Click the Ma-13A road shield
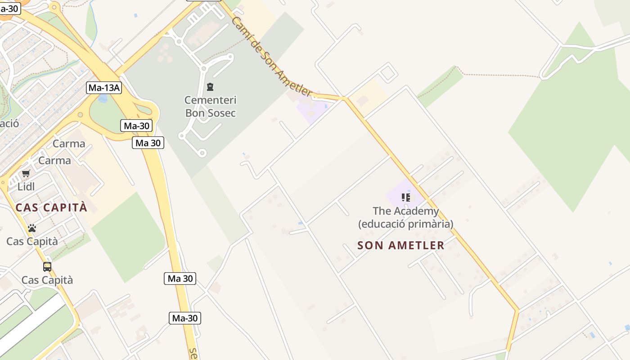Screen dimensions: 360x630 104,88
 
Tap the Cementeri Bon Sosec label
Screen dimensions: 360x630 211,106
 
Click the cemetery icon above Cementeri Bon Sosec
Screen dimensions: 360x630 210,86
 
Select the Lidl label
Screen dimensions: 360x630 26,186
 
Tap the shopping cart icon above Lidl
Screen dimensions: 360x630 26,173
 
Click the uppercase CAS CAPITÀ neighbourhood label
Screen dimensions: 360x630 51,207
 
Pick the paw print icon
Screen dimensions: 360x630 31,228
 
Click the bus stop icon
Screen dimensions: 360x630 47,266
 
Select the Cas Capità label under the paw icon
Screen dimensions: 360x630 32,241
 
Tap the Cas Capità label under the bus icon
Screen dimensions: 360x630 47,280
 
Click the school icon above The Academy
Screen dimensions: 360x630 406,198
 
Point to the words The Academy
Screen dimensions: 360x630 405,211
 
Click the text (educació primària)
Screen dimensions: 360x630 405,224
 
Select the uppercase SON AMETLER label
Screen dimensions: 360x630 401,245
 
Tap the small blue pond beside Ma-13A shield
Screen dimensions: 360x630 103,98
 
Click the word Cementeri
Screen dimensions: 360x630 211,100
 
